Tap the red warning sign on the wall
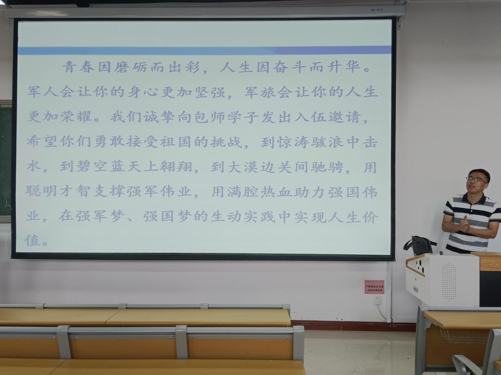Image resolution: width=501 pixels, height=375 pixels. pyautogui.click(x=374, y=287)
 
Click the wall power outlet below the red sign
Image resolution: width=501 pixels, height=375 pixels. pyautogui.click(x=377, y=301)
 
